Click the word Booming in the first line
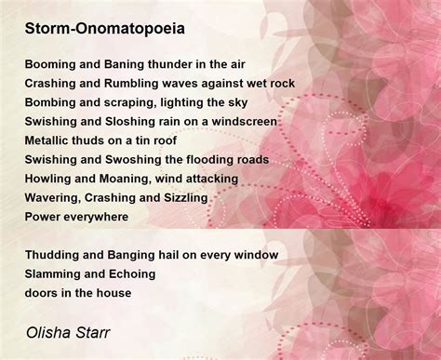point(51,63)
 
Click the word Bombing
point(51,102)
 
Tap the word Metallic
point(49,140)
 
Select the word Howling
point(50,179)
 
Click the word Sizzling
point(182,198)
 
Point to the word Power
point(44,217)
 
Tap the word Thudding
point(53,255)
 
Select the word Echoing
point(130,274)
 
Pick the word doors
point(42,293)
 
